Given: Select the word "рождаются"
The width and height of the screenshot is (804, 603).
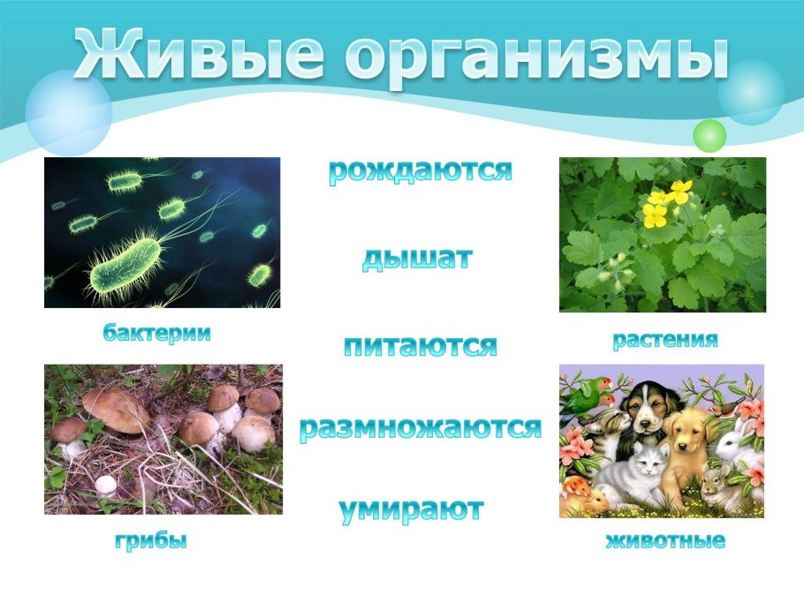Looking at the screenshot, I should [x=421, y=171].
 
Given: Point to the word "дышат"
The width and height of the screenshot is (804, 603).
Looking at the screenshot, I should [x=417, y=259].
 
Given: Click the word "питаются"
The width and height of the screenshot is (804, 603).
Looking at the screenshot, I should [x=421, y=345].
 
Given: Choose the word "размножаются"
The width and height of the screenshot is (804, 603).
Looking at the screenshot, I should [x=421, y=428].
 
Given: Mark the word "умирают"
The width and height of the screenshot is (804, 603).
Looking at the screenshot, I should [x=412, y=509].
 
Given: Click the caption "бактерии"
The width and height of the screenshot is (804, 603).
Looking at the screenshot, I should [x=156, y=333].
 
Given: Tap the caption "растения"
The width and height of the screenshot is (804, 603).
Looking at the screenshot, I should [x=665, y=340].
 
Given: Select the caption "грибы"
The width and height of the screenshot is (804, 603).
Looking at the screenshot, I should [x=151, y=540].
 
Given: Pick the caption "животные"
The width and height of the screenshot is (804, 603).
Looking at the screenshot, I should [x=665, y=540].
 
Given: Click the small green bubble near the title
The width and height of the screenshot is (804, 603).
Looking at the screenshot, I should [x=709, y=135].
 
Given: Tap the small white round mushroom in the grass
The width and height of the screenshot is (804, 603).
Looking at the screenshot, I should [x=105, y=484].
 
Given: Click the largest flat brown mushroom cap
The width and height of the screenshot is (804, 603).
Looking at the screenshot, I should [x=116, y=409].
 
